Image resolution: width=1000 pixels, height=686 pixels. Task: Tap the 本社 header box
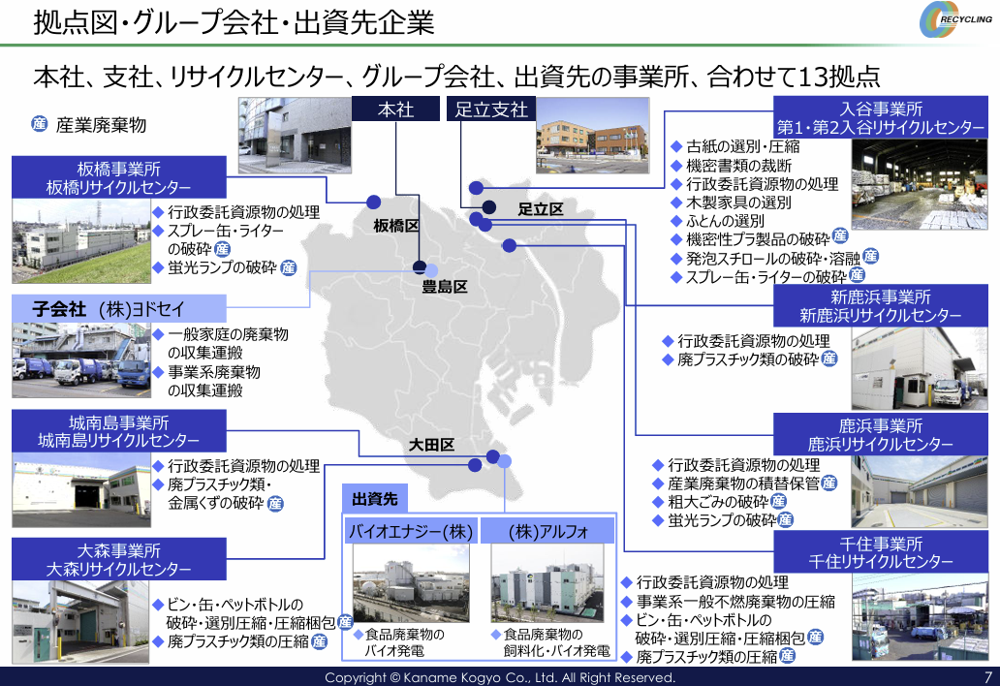396,109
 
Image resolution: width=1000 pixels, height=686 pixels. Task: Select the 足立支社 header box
491,109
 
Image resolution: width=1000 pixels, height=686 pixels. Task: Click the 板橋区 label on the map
396,226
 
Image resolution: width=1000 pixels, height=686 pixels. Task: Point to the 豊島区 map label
445,287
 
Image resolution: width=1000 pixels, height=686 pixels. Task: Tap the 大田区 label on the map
431,445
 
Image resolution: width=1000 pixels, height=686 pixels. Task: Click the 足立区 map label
540,209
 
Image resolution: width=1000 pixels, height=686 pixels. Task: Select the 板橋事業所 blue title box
118,177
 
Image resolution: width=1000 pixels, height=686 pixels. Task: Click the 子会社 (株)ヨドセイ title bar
118,308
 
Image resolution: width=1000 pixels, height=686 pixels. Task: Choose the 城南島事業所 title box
118,431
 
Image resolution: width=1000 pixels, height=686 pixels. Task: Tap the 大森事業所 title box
118,559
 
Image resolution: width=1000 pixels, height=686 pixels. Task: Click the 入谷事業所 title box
881,117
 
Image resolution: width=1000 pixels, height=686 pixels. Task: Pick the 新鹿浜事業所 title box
881,305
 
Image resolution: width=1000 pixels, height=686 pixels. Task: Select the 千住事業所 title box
881,552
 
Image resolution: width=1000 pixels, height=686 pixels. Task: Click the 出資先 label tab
375,499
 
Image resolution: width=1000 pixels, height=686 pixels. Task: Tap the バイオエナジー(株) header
411,531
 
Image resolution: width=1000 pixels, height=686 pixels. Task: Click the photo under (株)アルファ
547,583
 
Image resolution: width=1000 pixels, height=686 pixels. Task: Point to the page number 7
987,677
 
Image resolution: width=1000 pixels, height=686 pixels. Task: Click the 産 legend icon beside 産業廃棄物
40,124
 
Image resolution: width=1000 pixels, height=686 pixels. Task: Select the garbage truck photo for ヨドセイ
81,360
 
